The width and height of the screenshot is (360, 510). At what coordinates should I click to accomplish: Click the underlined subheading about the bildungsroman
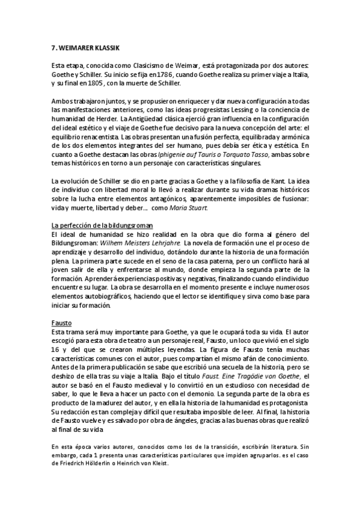(x=99, y=226)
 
